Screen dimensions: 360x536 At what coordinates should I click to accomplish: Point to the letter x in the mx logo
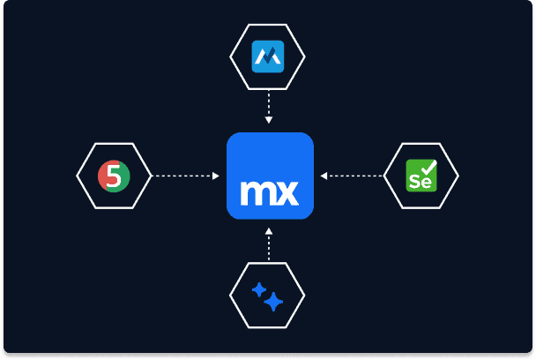pyautogui.click(x=286, y=191)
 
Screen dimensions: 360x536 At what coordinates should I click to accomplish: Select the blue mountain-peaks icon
pyautogui.click(x=268, y=57)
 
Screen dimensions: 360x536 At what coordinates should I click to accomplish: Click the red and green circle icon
pyautogui.click(x=114, y=176)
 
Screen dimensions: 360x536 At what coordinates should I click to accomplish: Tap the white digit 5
pyautogui.click(x=112, y=176)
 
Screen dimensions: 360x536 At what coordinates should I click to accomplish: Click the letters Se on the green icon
pyautogui.click(x=419, y=182)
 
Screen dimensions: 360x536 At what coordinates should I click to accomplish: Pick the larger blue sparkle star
pyautogui.click(x=274, y=303)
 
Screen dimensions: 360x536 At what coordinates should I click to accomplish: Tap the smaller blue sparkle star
pyautogui.click(x=259, y=288)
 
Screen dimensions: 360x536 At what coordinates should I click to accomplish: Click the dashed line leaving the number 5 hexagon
pyautogui.click(x=181, y=176)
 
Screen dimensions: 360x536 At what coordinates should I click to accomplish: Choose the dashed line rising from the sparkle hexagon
pyautogui.click(x=269, y=247)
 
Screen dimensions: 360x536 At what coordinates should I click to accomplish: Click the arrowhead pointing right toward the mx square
pyautogui.click(x=215, y=176)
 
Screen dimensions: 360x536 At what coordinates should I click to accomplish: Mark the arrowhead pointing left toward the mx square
pyautogui.click(x=324, y=176)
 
